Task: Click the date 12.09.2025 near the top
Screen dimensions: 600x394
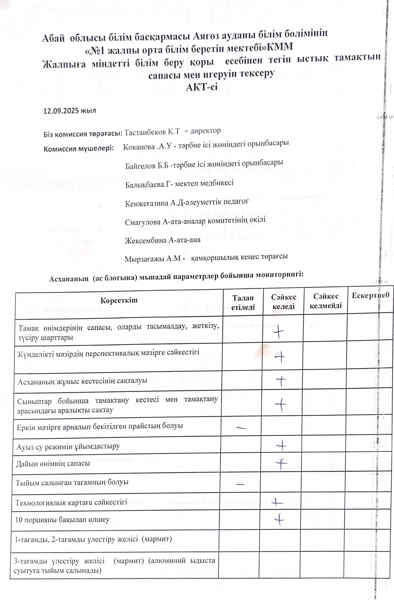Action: pyautogui.click(x=61, y=111)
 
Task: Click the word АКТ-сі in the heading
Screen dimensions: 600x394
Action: pyautogui.click(x=201, y=87)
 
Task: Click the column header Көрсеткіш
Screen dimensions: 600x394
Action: pyautogui.click(x=119, y=300)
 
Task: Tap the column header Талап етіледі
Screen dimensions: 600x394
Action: pyautogui.click(x=243, y=303)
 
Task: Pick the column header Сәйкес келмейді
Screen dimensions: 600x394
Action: pyautogui.click(x=325, y=301)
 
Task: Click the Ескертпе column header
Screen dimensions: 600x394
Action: pyautogui.click(x=370, y=296)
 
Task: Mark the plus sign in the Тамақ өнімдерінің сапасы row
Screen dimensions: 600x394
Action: pyautogui.click(x=279, y=332)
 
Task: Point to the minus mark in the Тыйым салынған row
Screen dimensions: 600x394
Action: pyautogui.click(x=240, y=484)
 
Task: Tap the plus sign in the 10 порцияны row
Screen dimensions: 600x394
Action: pyautogui.click(x=279, y=519)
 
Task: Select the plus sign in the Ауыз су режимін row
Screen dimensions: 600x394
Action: pyautogui.click(x=282, y=445)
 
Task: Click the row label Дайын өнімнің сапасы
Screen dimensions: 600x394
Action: pyautogui.click(x=53, y=464)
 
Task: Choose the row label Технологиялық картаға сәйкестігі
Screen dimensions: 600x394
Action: pyautogui.click(x=71, y=502)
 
